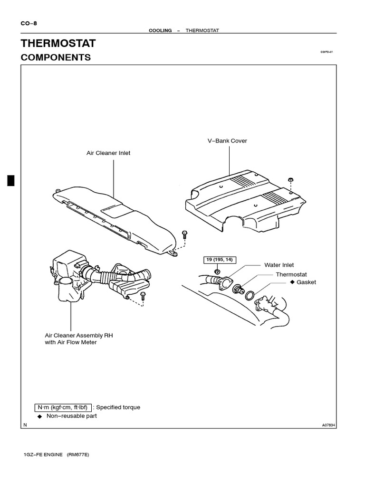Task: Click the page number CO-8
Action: (29, 23)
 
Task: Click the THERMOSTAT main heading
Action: (58, 44)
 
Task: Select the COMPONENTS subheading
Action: (56, 57)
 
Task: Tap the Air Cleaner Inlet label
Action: (108, 153)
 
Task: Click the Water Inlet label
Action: (279, 265)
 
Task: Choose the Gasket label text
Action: (306, 282)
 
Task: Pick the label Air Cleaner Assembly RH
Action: (79, 335)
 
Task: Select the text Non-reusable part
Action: (71, 416)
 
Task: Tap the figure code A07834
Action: (328, 425)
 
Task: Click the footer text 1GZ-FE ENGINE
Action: (47, 455)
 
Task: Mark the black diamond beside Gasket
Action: (292, 282)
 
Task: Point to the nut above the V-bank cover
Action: (290, 180)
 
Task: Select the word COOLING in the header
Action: (160, 30)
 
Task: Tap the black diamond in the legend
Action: (39, 416)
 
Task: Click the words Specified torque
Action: (118, 407)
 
